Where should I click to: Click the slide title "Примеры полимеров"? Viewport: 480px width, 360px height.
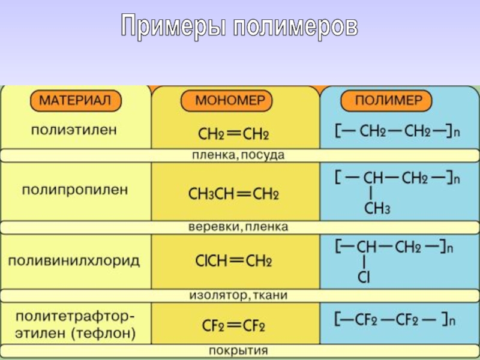[240, 27]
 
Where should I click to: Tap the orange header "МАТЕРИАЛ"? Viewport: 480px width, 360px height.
[76, 100]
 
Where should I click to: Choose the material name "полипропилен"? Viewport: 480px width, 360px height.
[75, 190]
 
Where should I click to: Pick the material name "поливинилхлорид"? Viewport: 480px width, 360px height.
[74, 261]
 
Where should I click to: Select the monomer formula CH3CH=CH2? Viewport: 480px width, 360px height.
[234, 194]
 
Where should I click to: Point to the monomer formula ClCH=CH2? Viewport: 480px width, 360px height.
[234, 262]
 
